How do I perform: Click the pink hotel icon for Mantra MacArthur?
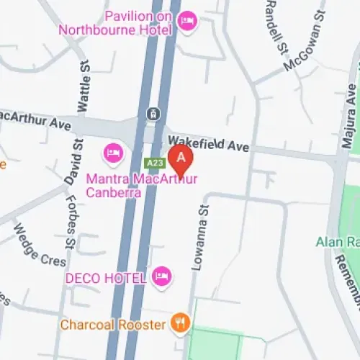pos(114,152)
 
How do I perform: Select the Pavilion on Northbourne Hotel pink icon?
pos(186,19)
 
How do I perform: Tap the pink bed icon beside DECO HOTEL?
pos(162,274)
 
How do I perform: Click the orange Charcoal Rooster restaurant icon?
pos(180,324)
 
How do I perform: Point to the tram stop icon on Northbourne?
pos(153,114)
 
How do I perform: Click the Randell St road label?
pos(275,25)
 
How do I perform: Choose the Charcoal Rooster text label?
pos(112,325)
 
